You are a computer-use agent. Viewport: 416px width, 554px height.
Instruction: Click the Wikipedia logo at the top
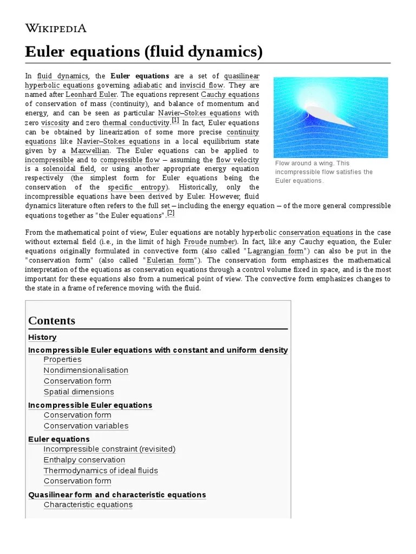(x=56, y=28)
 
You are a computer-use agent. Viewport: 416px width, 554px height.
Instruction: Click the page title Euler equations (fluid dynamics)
(x=144, y=52)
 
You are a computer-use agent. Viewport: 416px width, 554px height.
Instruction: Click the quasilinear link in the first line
(x=241, y=76)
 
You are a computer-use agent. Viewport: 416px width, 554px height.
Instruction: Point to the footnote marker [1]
(x=175, y=120)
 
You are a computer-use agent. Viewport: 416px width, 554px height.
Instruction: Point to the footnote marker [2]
(x=171, y=213)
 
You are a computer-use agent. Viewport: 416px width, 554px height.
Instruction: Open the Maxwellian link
(x=90, y=150)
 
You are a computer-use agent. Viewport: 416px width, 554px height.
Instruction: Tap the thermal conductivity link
(x=136, y=123)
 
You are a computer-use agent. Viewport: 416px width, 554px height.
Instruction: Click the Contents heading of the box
(x=51, y=320)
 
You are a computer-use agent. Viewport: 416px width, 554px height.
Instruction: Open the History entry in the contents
(x=42, y=337)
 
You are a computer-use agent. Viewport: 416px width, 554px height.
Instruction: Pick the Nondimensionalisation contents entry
(x=86, y=370)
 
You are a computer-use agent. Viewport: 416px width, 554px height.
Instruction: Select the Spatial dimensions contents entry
(x=79, y=392)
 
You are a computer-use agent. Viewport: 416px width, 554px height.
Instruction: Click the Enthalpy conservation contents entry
(x=84, y=460)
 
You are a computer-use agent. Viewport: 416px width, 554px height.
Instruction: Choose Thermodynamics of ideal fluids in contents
(x=101, y=471)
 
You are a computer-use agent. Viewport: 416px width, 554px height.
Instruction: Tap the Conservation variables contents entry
(x=86, y=426)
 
